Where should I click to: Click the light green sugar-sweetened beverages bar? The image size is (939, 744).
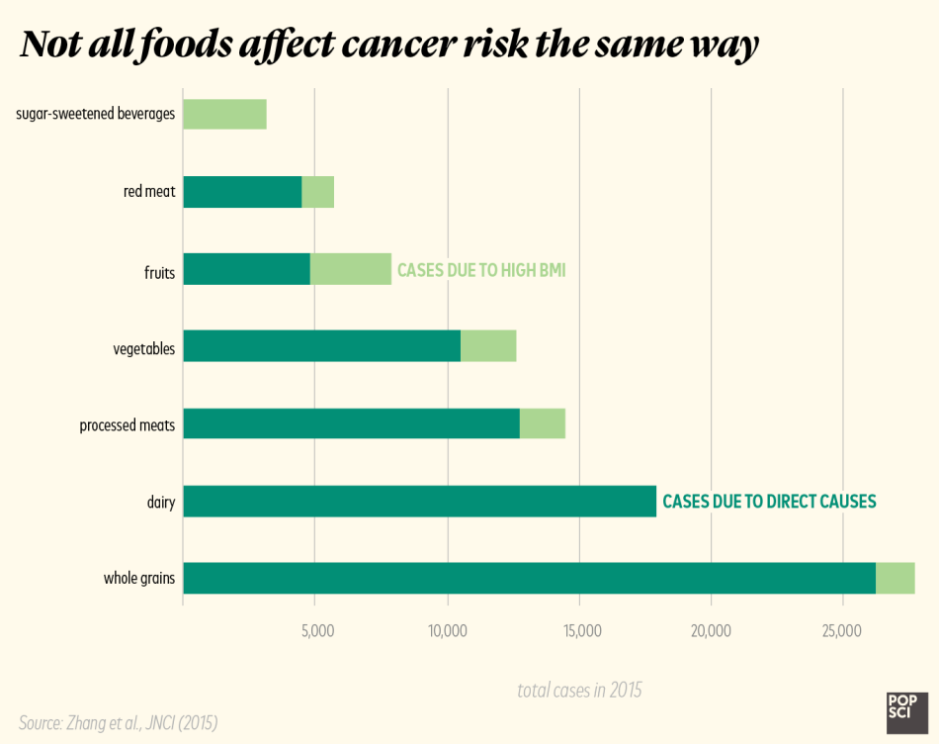click(224, 115)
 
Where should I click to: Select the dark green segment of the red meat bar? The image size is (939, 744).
click(242, 192)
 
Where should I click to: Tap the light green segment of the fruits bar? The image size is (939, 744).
click(351, 269)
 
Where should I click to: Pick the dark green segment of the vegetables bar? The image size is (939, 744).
click(321, 346)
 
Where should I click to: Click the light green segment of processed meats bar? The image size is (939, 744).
click(543, 423)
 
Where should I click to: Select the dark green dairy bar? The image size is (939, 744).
click(419, 501)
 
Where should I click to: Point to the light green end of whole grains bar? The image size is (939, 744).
click(896, 578)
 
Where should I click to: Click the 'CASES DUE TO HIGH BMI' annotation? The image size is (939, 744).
click(481, 270)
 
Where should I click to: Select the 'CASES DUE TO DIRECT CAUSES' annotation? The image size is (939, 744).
click(769, 502)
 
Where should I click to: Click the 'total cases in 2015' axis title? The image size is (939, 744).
click(579, 691)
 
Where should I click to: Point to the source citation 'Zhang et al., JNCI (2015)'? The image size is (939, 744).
click(118, 723)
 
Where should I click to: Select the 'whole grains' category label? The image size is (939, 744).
click(139, 579)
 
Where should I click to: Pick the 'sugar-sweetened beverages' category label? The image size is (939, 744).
click(96, 115)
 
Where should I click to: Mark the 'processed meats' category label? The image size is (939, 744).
click(128, 425)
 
